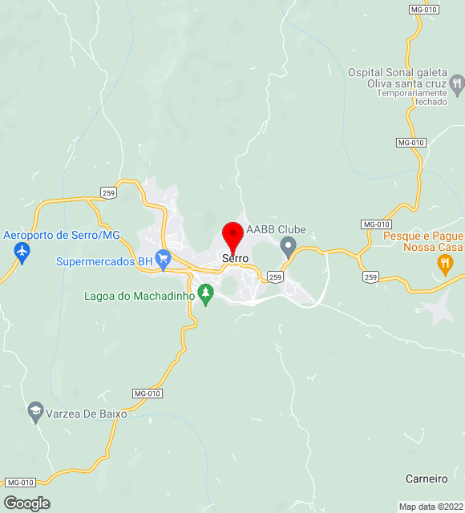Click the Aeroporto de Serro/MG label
click(61, 235)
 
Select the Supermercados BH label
click(103, 261)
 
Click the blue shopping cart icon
click(164, 259)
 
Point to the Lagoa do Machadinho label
click(139, 296)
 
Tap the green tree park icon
click(207, 294)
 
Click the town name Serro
click(235, 259)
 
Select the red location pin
click(232, 237)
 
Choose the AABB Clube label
click(276, 230)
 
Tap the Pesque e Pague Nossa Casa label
click(423, 242)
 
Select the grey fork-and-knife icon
click(457, 83)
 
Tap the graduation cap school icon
click(34, 412)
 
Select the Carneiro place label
click(426, 479)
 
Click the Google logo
click(26, 503)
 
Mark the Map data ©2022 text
click(430, 507)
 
